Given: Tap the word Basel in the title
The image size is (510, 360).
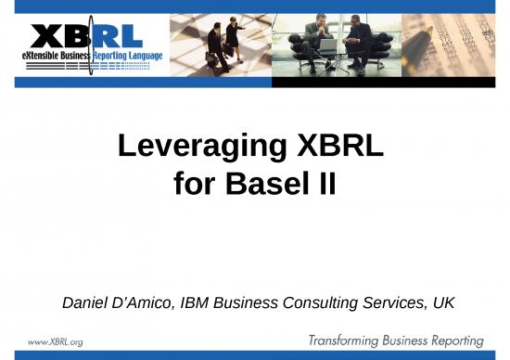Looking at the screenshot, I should [262, 186].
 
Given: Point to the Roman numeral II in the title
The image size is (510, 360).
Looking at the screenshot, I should [320, 186].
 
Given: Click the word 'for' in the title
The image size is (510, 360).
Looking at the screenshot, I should [193, 186].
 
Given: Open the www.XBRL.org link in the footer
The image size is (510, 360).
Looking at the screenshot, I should [56, 341].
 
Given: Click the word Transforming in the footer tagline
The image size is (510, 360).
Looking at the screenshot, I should [349, 341].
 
